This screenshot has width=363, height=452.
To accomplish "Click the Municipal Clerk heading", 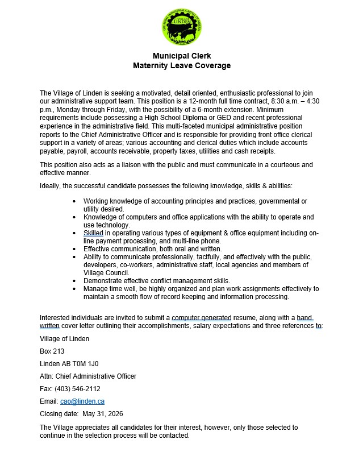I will click(181, 56).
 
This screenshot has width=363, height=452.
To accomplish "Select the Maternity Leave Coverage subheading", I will click(181, 65).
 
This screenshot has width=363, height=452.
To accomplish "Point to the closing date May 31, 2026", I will click(103, 413).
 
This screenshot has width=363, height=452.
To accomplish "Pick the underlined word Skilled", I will click(94, 233).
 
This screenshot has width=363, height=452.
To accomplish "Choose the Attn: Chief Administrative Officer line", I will click(88, 376).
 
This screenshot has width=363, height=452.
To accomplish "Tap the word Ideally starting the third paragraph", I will click(51, 186).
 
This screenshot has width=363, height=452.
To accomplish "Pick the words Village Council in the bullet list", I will click(105, 273).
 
